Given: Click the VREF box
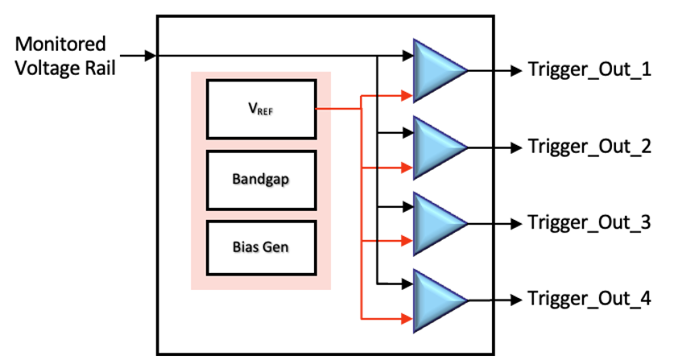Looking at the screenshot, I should [261, 109].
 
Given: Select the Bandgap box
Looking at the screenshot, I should [261, 178].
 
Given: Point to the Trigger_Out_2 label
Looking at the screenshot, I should [589, 147].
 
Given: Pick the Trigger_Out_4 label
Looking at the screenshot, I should [589, 300].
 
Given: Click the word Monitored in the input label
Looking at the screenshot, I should [60, 43].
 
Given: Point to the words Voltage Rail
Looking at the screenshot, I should [66, 68].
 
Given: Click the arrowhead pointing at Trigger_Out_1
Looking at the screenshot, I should [515, 70].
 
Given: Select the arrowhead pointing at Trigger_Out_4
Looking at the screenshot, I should [515, 300].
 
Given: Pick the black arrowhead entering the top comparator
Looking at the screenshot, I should [407, 55].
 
